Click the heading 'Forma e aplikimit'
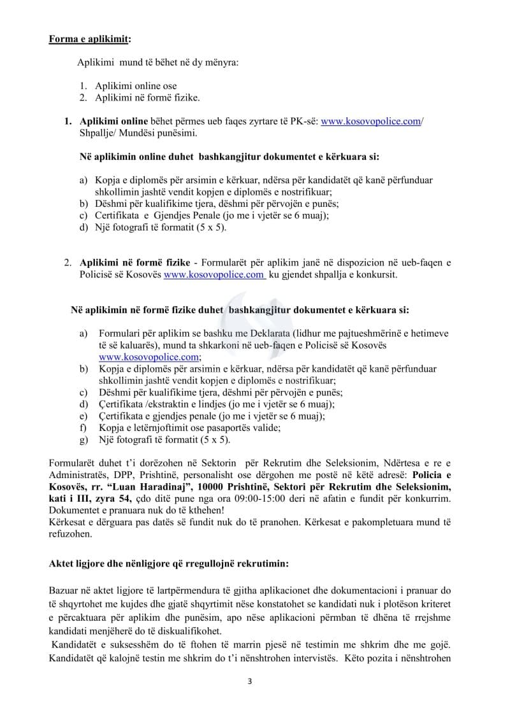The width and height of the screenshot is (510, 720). [89, 39]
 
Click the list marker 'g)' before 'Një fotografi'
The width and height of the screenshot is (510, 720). [84, 439]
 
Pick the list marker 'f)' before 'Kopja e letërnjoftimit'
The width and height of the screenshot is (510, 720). [83, 428]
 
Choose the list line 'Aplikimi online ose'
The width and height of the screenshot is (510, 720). [136, 86]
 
